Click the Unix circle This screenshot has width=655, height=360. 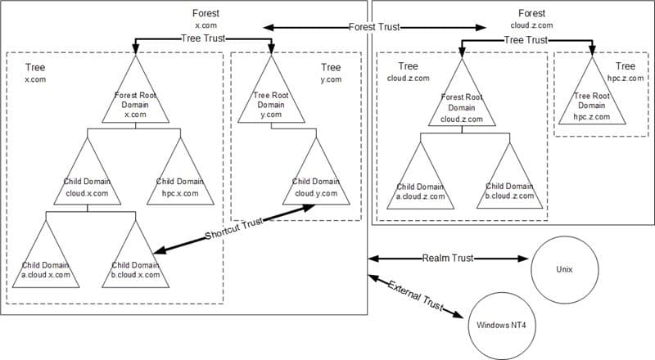coord(563,268)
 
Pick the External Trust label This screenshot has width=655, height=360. coord(415,295)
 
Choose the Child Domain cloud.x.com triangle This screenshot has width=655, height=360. coord(88,176)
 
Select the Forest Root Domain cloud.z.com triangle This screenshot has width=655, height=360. coord(463,102)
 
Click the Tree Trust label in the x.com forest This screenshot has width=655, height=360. coord(202,38)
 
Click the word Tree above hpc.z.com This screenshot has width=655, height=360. coord(625,66)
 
